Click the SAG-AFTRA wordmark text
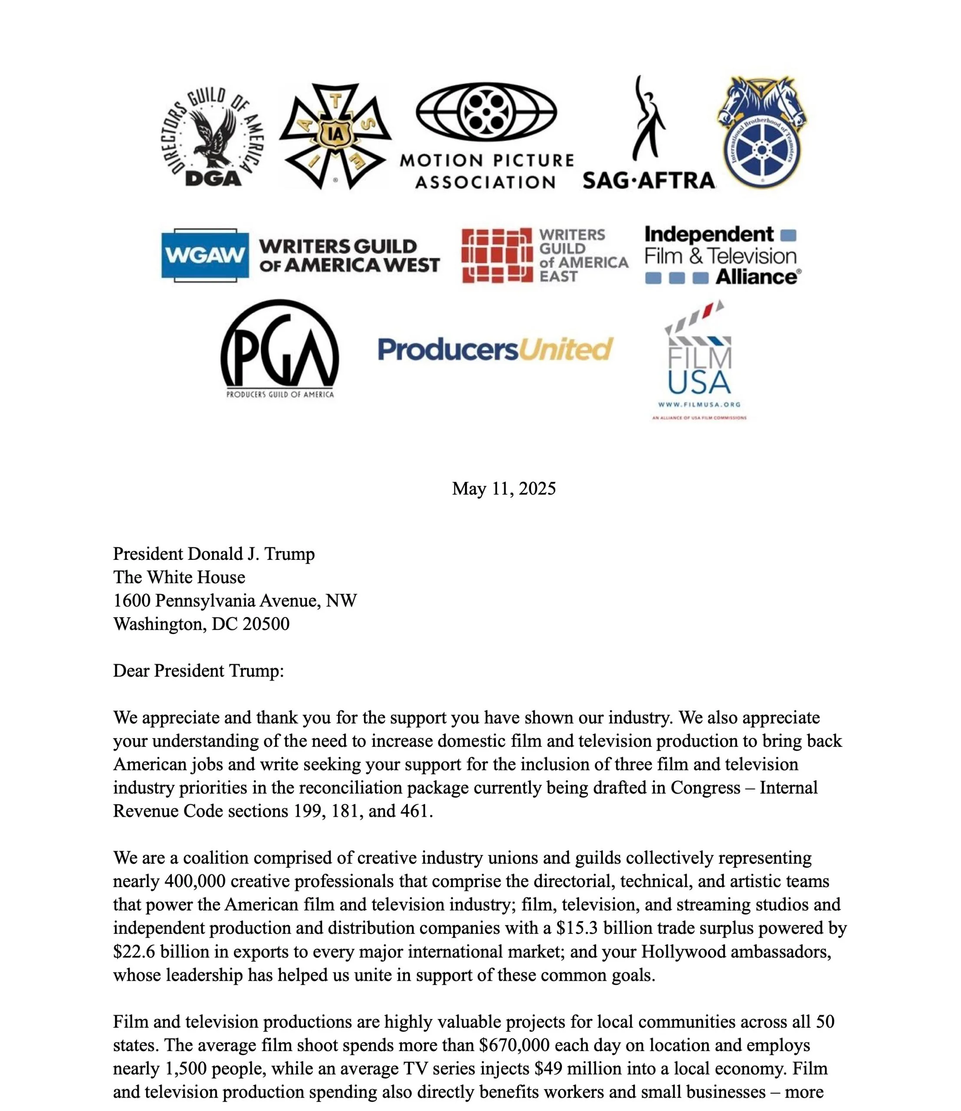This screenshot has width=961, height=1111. point(649,181)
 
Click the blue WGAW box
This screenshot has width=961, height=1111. point(205,255)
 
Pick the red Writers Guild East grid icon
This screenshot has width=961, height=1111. point(497,255)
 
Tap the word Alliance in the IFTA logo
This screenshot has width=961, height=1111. point(757,277)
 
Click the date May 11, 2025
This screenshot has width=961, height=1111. point(504,489)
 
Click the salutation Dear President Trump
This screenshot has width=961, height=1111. point(198,671)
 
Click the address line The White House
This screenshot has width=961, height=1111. point(179,578)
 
